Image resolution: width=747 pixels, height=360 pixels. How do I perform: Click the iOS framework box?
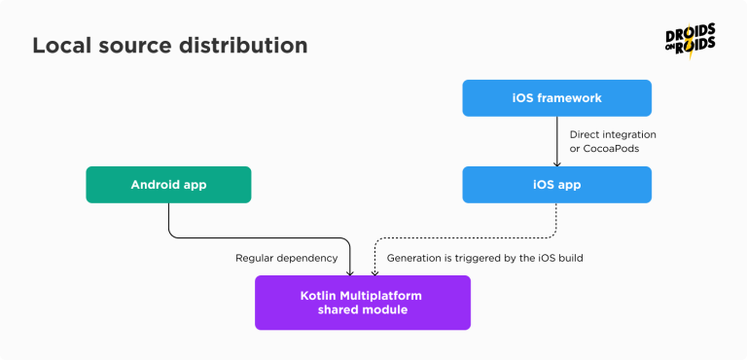556,99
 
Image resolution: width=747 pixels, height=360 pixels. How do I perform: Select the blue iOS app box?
556,184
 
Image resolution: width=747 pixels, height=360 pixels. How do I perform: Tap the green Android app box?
168,184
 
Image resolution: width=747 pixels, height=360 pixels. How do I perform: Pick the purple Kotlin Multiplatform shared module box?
362,302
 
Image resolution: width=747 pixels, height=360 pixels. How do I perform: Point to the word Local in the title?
61,46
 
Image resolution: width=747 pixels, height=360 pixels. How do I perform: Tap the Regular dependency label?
286,259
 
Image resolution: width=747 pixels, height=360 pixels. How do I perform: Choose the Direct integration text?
613,133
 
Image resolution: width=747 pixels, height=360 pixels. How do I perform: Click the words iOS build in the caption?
556,259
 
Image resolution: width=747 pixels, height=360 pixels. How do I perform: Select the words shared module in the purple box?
362,309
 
